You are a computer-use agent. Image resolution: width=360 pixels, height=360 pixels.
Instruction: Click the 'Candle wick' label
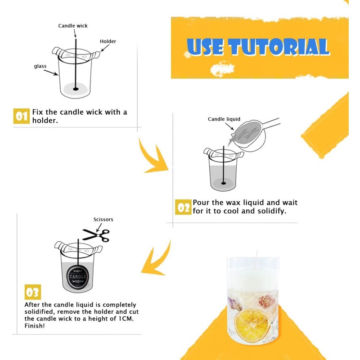coord(73,26)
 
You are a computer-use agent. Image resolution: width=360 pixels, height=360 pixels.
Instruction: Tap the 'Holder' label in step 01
coord(108,41)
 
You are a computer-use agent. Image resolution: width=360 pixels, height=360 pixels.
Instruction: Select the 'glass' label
coord(40,66)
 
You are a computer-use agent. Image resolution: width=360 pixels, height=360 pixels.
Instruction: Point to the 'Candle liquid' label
coord(224,119)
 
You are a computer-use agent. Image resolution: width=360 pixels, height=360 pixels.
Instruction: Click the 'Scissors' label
coord(103,220)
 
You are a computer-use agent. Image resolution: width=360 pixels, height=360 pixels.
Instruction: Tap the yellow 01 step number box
coord(21,116)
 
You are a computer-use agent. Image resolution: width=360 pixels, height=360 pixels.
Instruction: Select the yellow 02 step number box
coord(183,207)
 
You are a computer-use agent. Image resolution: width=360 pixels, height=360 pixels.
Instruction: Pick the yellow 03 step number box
coord(32,292)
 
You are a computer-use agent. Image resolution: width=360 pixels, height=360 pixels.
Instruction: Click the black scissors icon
coord(96,235)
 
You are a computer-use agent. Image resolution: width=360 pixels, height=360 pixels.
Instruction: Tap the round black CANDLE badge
coord(77,277)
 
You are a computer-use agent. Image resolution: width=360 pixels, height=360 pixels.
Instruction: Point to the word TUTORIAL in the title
coord(279,47)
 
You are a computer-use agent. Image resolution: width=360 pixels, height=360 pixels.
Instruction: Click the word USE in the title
coord(206,47)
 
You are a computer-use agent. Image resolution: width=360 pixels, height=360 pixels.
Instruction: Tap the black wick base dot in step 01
coord(76,89)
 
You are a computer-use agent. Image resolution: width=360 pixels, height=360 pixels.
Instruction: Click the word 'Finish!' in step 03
coord(35,326)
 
